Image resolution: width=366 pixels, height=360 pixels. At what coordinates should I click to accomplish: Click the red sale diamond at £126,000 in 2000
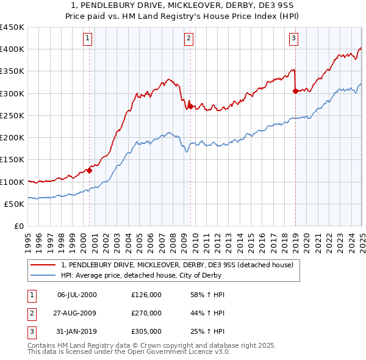click(89, 170)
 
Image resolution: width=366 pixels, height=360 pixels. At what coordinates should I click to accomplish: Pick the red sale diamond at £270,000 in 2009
click(190, 106)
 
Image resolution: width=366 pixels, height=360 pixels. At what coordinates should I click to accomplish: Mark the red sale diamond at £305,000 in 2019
click(295, 91)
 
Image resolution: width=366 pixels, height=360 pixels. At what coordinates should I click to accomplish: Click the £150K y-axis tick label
click(12, 159)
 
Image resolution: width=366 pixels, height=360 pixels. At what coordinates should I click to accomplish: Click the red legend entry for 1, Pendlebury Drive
click(178, 265)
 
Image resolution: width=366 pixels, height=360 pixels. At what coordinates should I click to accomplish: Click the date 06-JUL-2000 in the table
click(77, 295)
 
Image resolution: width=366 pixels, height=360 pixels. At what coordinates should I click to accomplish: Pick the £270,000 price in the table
click(146, 313)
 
